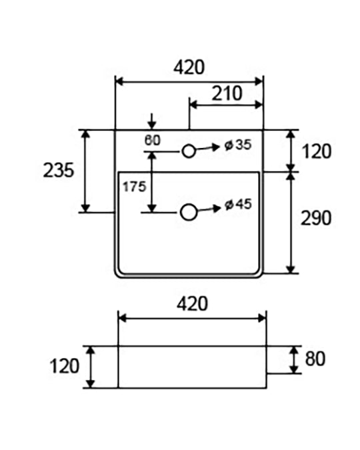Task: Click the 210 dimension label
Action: (x=227, y=93)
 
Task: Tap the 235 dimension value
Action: (x=59, y=170)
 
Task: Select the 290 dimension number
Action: (x=316, y=218)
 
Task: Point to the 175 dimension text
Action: (x=135, y=187)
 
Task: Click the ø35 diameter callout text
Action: (x=238, y=145)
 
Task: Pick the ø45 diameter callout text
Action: (x=238, y=205)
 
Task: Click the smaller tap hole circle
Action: (x=189, y=151)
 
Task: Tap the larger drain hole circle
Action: (x=189, y=213)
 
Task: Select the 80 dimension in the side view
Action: (x=315, y=359)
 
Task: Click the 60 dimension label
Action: (x=153, y=141)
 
